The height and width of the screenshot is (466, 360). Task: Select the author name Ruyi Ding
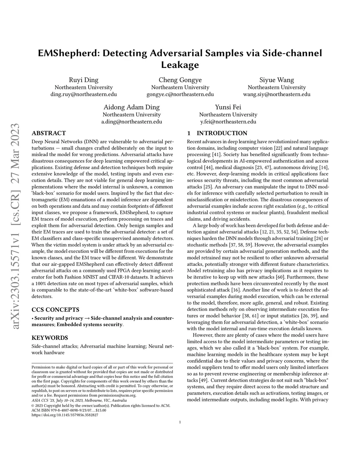[84, 80]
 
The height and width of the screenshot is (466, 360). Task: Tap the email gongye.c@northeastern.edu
[180, 94]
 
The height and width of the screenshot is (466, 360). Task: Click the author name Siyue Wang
[277, 80]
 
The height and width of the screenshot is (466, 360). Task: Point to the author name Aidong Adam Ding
[131, 107]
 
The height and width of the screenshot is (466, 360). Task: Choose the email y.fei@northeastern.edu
[228, 122]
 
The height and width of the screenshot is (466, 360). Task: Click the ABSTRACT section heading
[49, 133]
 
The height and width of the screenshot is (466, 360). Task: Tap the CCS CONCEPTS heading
[56, 310]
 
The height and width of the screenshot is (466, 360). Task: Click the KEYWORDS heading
[50, 338]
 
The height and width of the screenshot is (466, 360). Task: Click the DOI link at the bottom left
[65, 415]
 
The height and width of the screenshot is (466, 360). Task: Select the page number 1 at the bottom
[180, 422]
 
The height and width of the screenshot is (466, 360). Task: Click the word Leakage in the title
[180, 65]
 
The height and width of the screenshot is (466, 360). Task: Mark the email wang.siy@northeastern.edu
[277, 94]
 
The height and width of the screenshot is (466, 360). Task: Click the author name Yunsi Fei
[228, 107]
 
